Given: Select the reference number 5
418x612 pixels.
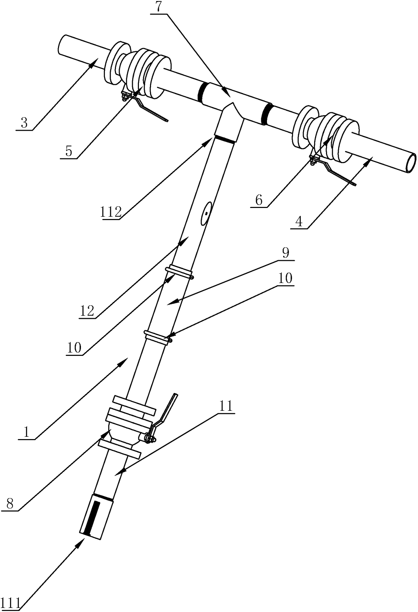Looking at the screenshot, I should pos(69,151).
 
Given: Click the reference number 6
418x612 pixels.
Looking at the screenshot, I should pos(259,201).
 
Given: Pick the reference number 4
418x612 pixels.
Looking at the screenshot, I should pos(299,222).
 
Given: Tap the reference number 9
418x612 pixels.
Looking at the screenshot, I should pos(286,253).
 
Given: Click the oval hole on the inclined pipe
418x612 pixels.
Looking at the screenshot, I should pos(206,213).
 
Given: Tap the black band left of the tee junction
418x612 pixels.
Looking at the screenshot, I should pos(202,92).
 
